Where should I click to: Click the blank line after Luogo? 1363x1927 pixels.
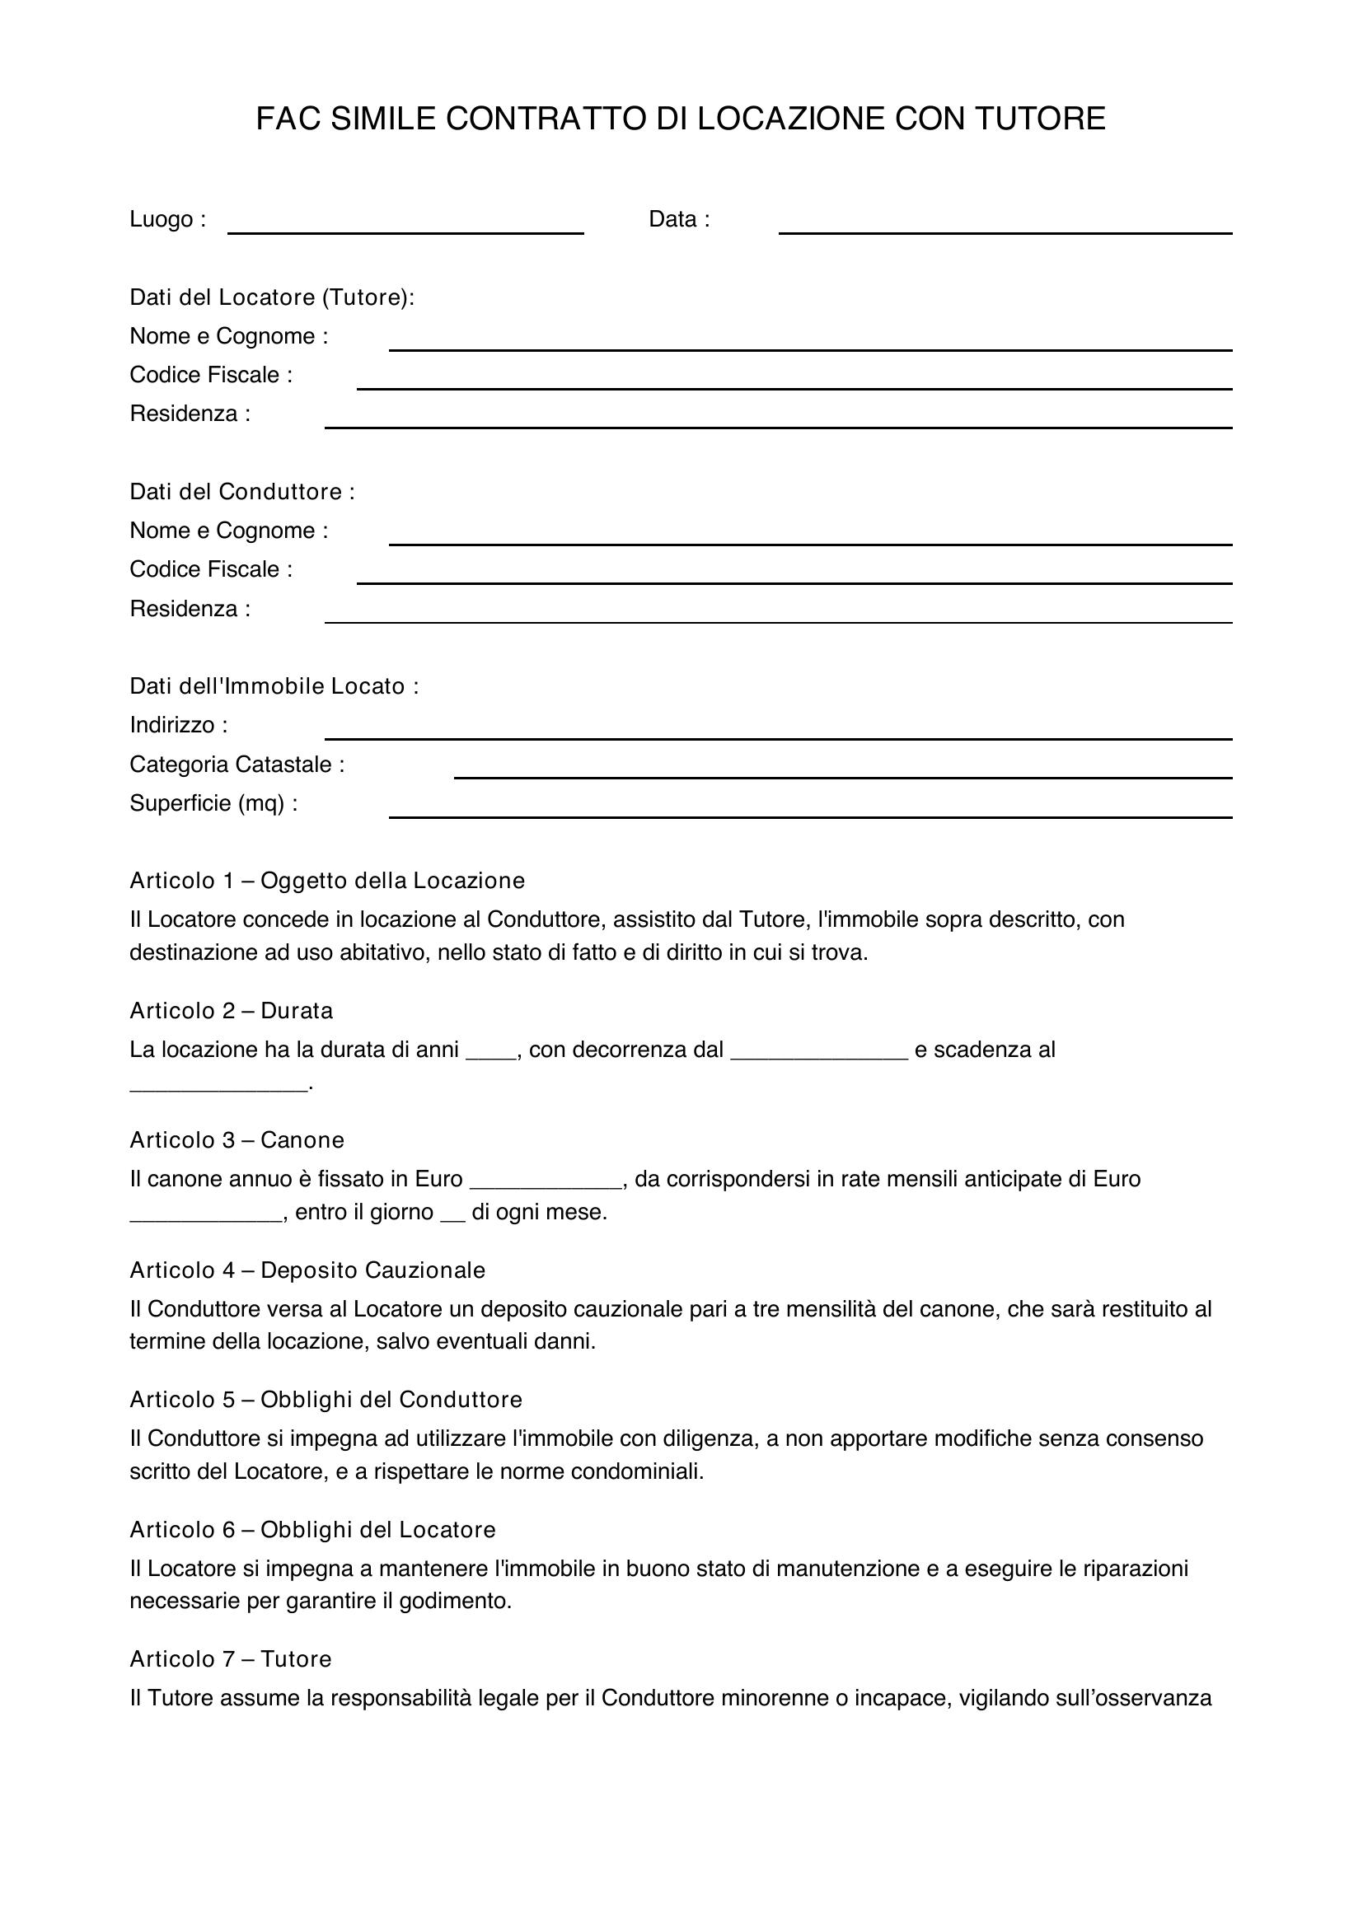405,232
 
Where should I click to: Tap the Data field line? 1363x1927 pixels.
1005,232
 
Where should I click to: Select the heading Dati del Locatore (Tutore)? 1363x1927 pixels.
272,297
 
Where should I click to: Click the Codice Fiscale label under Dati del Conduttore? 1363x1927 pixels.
211,569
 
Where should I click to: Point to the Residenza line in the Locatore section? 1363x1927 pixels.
778,427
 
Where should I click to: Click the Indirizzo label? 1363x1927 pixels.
178,725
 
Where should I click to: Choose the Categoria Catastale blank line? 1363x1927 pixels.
843,776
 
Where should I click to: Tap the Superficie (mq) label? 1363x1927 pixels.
213,803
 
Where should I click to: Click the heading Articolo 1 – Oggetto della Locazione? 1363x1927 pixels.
327,881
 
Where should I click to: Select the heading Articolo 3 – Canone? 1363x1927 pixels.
237,1139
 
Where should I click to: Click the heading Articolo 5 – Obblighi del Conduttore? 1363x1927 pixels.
326,1399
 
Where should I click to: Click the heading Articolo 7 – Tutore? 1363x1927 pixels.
231,1659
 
